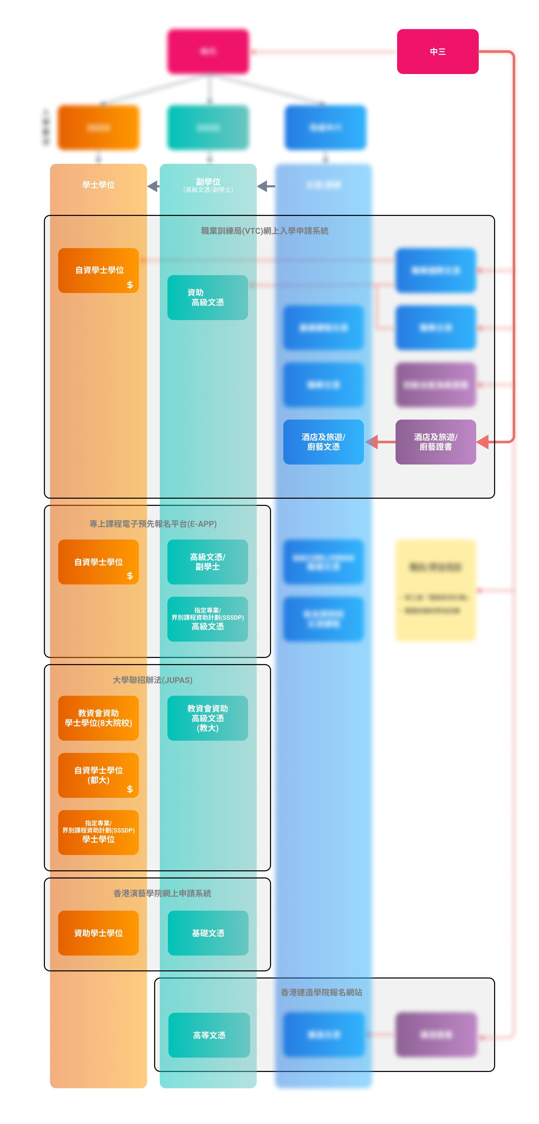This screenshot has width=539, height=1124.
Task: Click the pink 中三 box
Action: (x=437, y=52)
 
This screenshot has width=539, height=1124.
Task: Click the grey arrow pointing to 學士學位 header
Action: (x=153, y=186)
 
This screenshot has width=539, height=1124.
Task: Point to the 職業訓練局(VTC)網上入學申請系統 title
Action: (x=264, y=231)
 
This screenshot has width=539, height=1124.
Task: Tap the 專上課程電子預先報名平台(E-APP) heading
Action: (x=153, y=524)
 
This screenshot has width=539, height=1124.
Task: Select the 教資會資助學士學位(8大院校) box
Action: (x=98, y=718)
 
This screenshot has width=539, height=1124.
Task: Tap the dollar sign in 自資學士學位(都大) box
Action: (x=130, y=789)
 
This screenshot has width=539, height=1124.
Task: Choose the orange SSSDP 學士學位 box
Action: (x=98, y=832)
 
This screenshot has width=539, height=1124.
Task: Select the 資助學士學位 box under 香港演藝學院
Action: (x=98, y=933)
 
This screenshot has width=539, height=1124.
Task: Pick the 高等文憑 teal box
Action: (x=209, y=1035)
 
